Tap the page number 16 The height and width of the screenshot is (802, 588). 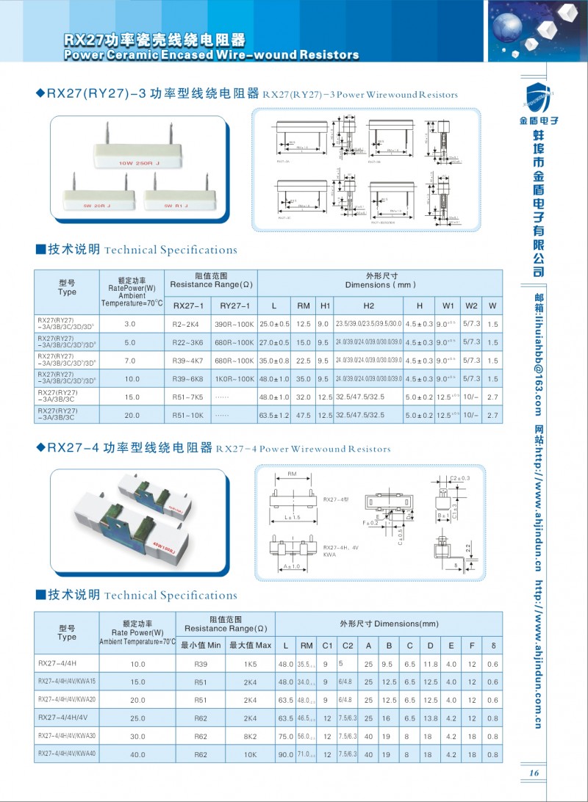[x=534, y=772]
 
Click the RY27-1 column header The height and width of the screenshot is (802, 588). [x=235, y=306]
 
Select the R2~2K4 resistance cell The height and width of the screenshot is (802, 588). [x=187, y=324]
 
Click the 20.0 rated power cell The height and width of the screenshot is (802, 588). [x=130, y=416]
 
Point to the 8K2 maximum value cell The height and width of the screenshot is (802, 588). [x=250, y=736]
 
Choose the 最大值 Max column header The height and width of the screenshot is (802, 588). [x=250, y=646]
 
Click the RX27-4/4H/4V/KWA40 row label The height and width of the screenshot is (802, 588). [x=67, y=754]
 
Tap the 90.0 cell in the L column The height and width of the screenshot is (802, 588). [x=285, y=754]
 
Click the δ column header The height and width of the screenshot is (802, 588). [x=493, y=646]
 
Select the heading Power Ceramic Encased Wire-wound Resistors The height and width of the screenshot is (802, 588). [x=212, y=55]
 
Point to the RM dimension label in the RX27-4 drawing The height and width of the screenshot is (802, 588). [x=292, y=474]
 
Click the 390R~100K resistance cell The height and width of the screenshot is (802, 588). [x=235, y=324]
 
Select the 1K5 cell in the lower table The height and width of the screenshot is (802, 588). [x=250, y=664]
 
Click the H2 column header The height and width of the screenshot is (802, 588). [x=368, y=306]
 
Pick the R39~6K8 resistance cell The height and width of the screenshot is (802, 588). [x=187, y=379]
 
